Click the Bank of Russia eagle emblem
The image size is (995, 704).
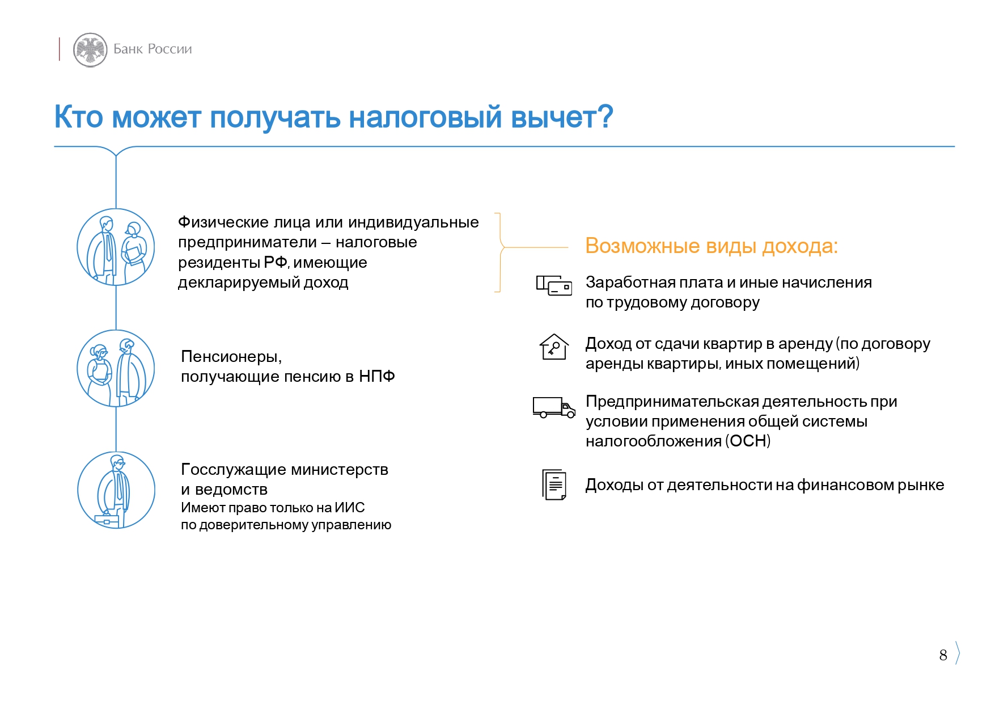tap(90, 49)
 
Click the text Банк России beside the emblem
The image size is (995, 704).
tap(153, 49)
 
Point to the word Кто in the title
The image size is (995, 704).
tap(79, 117)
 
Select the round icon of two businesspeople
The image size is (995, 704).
tap(116, 247)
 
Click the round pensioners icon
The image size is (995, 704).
tap(116, 368)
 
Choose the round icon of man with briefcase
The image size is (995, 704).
tap(116, 490)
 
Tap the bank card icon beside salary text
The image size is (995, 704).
tap(554, 285)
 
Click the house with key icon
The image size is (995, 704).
tap(554, 347)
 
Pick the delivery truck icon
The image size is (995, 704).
tap(554, 407)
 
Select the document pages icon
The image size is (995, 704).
tap(554, 484)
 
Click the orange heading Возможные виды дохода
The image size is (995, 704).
tap(712, 246)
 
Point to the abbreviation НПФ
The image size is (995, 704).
tap(377, 376)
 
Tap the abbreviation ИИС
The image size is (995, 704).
tap(350, 508)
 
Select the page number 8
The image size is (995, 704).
tap(943, 655)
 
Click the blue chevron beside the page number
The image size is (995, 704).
tap(957, 653)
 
